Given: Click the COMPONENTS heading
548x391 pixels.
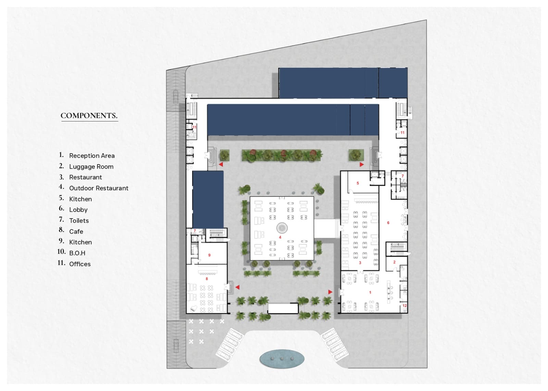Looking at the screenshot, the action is coord(89,116).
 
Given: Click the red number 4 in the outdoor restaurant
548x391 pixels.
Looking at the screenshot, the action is coord(280,237).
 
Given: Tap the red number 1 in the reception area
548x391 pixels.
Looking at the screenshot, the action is coord(370,292).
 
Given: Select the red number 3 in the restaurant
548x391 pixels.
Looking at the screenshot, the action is coord(360,263).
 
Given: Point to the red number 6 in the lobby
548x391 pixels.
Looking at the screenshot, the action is coord(388,223).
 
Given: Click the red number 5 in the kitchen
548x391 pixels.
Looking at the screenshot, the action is coord(358,183).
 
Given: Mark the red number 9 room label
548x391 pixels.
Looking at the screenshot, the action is coord(209,255).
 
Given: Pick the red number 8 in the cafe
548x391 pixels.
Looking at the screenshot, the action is coord(207,279).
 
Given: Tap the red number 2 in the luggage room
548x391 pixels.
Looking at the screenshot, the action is coord(394,262).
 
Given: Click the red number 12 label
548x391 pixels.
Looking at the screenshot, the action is coord(404,305).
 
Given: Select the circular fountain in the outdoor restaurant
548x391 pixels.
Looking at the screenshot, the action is coord(282,228).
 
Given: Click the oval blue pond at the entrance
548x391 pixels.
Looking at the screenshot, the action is coord(282,359).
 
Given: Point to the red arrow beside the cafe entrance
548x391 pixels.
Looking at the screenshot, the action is coord(237,287).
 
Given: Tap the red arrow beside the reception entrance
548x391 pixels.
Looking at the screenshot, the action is coord(330,292).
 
